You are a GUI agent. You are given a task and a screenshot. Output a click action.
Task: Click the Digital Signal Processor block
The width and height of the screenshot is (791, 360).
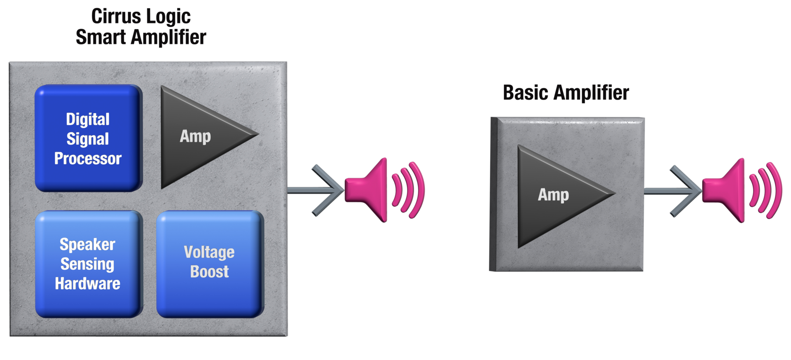88,138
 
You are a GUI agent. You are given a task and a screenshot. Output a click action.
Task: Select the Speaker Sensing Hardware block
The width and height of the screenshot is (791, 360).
88,264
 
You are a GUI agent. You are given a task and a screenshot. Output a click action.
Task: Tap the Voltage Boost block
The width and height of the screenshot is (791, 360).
209,264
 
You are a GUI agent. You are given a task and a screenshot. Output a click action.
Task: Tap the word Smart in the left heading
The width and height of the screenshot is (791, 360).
101,37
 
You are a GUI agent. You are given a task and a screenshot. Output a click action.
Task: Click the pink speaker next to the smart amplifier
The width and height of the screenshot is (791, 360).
369,190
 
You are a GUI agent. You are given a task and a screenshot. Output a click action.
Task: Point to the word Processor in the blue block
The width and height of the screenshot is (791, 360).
88,159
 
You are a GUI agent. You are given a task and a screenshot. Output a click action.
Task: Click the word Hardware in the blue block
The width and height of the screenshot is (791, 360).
88,284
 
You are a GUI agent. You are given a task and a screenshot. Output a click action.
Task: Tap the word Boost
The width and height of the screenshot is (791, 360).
209,272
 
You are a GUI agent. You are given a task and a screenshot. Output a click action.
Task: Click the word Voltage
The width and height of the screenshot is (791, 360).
209,252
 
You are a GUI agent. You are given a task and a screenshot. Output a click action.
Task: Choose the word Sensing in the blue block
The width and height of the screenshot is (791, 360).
87,264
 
